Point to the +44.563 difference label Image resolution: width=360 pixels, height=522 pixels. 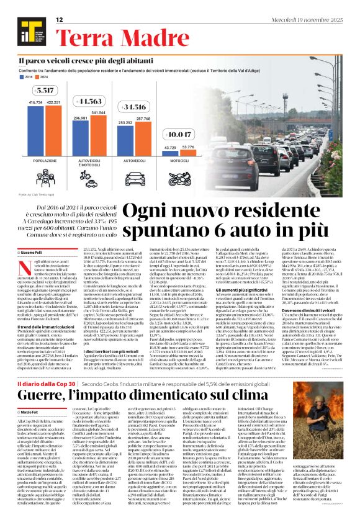[91, 101]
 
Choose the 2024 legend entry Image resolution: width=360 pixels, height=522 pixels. [45, 78]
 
